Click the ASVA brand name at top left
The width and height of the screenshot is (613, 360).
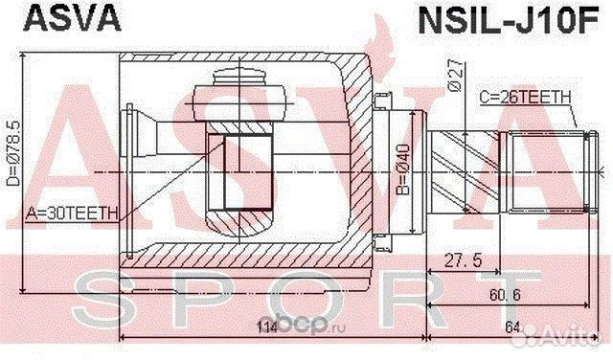point(73,18)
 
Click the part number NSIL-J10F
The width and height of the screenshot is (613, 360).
point(509,19)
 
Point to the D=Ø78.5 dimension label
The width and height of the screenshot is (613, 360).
point(14,152)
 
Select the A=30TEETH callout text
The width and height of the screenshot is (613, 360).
point(72,214)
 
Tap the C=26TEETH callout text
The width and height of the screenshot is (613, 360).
point(525,98)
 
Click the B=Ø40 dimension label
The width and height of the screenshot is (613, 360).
point(403,169)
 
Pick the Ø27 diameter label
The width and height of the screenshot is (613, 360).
point(455,76)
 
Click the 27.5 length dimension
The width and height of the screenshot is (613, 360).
point(464,260)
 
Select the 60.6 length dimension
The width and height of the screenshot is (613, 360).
point(505,294)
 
